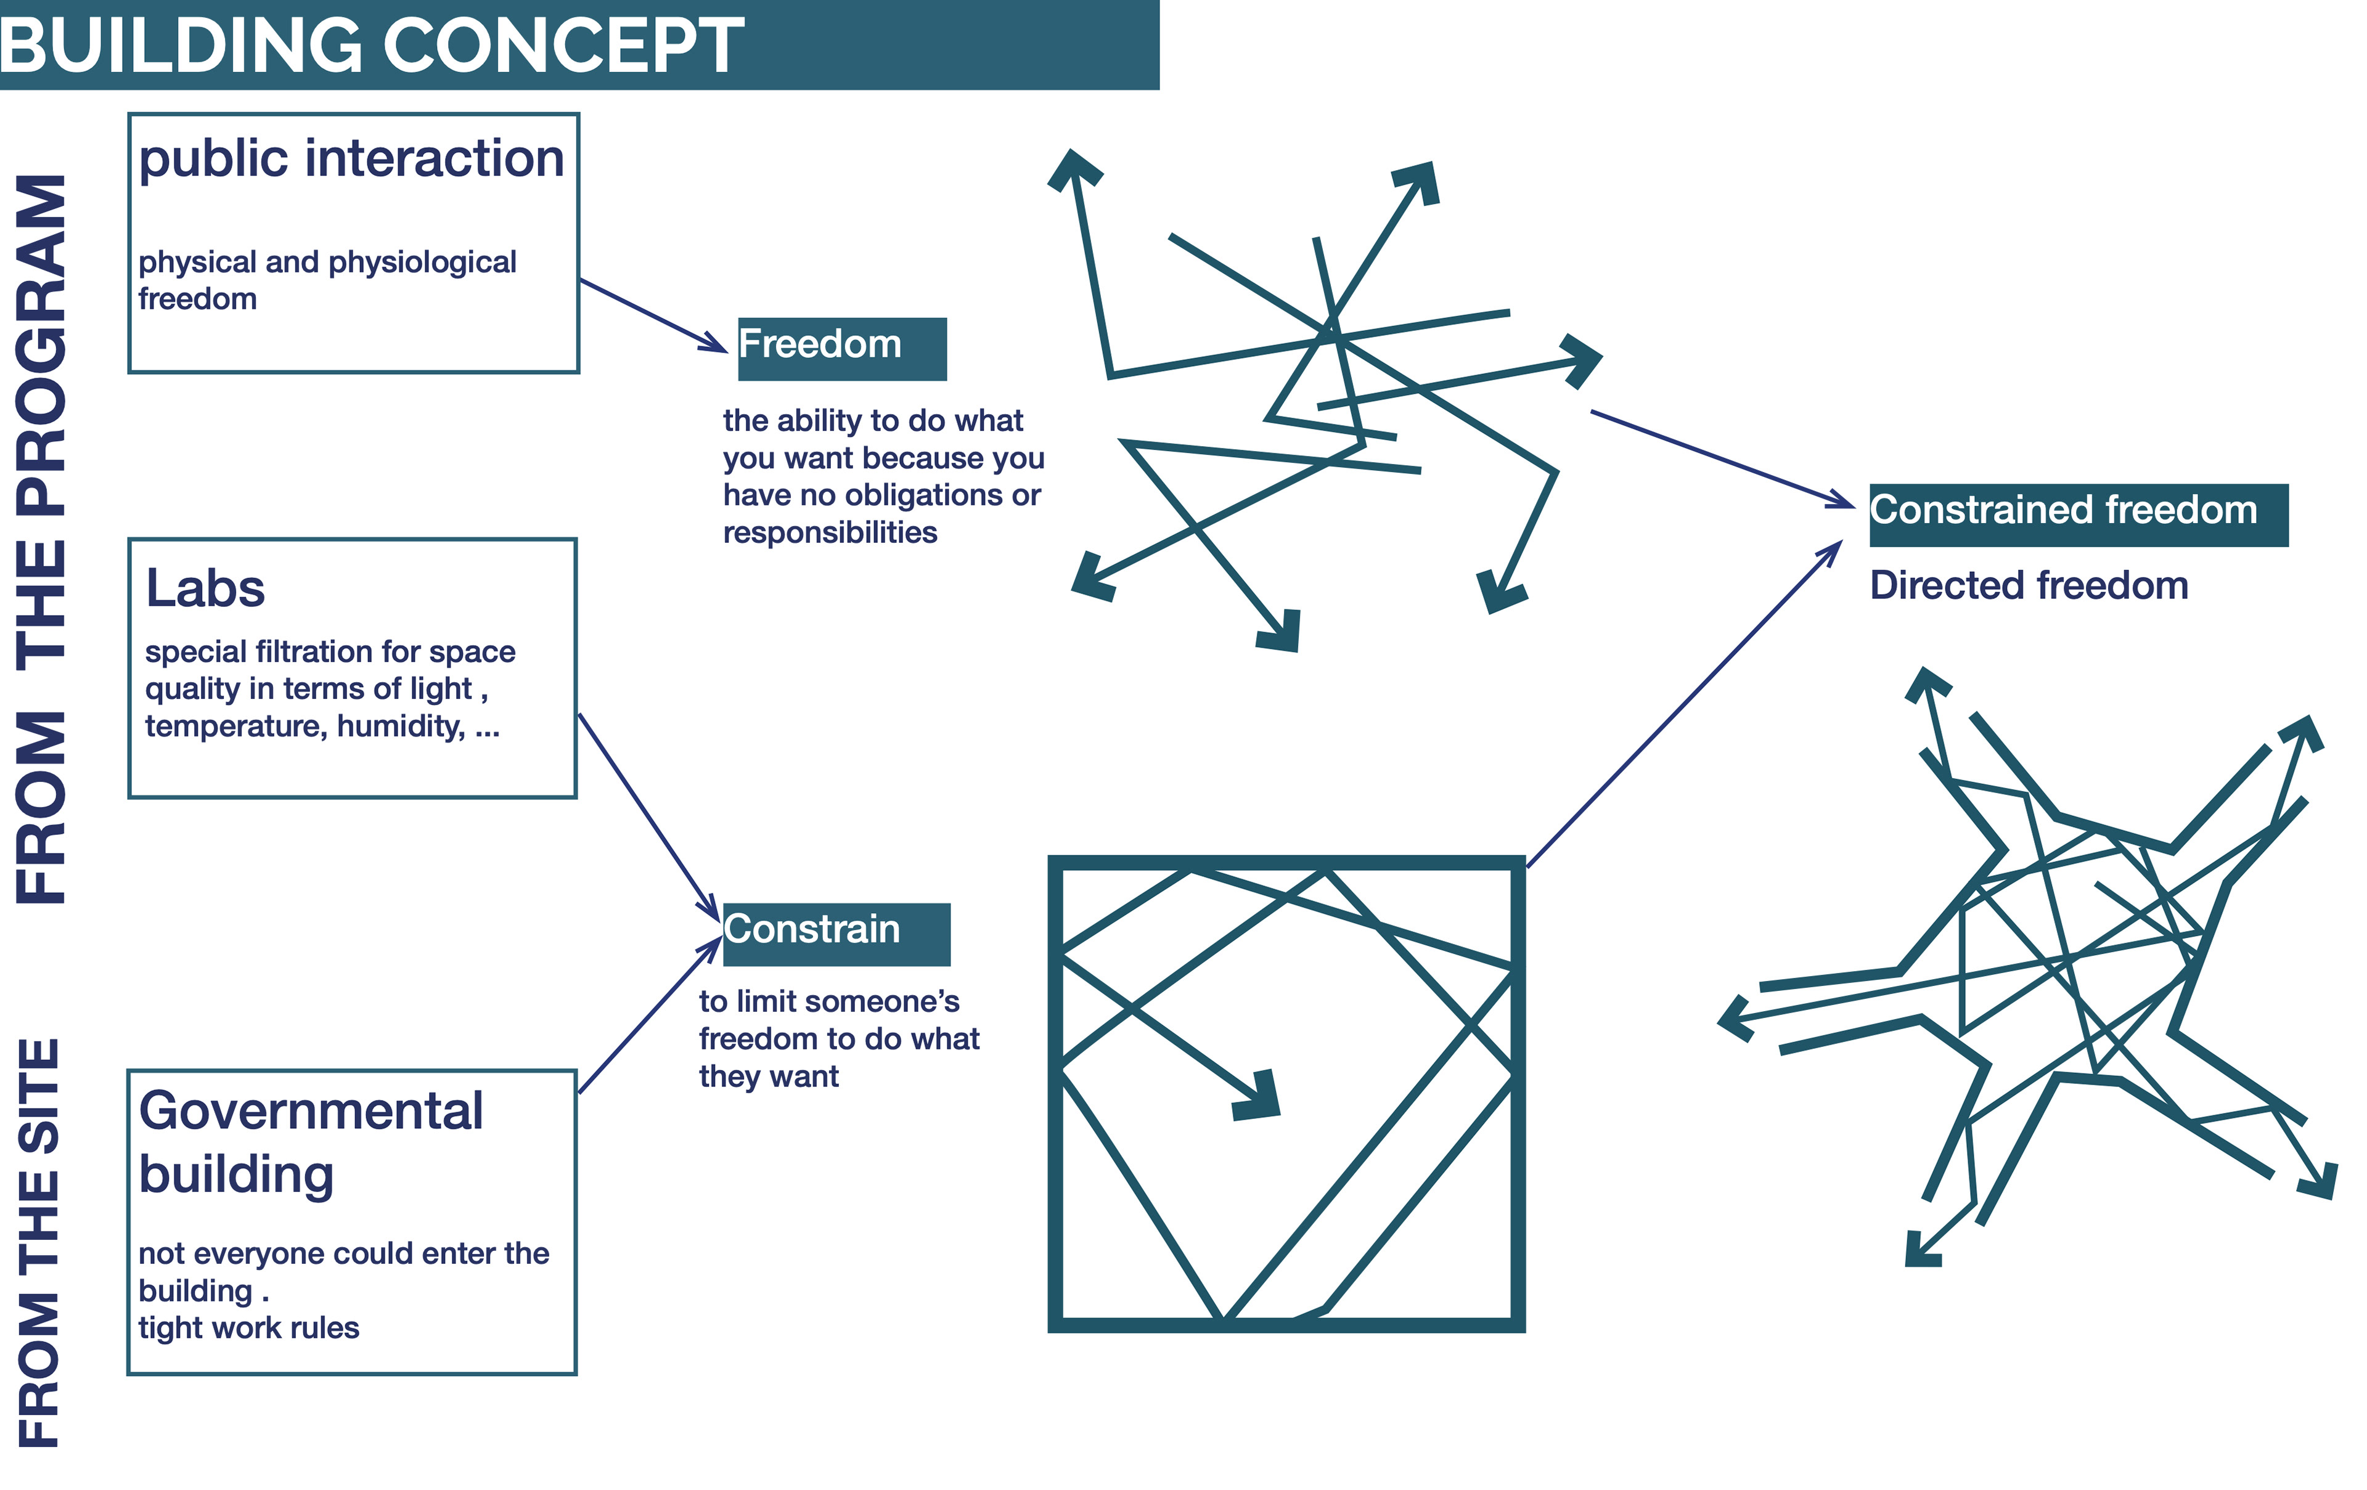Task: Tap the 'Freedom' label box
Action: [x=841, y=348]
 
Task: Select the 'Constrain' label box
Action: [x=835, y=933]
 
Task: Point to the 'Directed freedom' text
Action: [x=2028, y=586]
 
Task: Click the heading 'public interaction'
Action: [x=351, y=158]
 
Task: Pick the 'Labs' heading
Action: [x=205, y=588]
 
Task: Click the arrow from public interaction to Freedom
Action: [x=652, y=314]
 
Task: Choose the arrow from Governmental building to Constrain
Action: [x=648, y=1016]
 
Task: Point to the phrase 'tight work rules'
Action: [x=248, y=1328]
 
